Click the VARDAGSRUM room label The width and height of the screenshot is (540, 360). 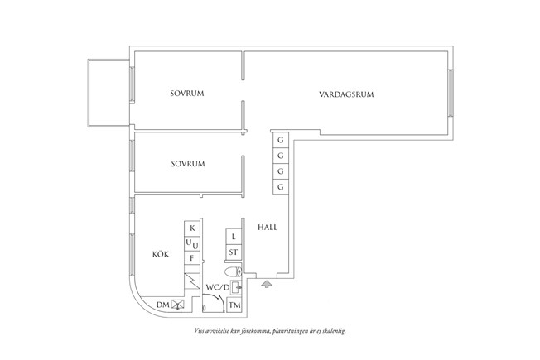[346, 94]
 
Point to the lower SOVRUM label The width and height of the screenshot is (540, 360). [188, 164]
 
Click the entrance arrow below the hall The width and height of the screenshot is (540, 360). [266, 285]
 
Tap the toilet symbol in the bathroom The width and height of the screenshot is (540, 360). [233, 271]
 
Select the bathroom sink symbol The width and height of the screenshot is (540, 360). [236, 287]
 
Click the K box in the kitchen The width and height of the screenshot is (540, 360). [192, 228]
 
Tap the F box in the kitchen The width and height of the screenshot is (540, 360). [192, 258]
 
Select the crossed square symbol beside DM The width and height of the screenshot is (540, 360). [176, 305]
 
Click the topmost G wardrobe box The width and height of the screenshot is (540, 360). [281, 141]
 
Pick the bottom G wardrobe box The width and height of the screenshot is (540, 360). [281, 187]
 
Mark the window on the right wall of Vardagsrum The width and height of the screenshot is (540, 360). [451, 94]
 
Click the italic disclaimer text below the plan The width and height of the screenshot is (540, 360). [269, 330]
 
